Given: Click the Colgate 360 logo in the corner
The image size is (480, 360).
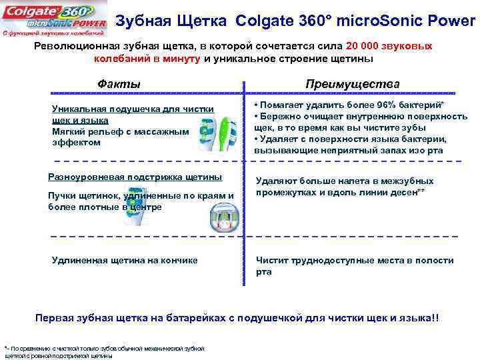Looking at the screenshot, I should (54, 19).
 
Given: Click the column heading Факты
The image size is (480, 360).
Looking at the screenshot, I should (119, 85).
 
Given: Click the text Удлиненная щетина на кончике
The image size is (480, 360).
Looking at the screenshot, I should (125, 261).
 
